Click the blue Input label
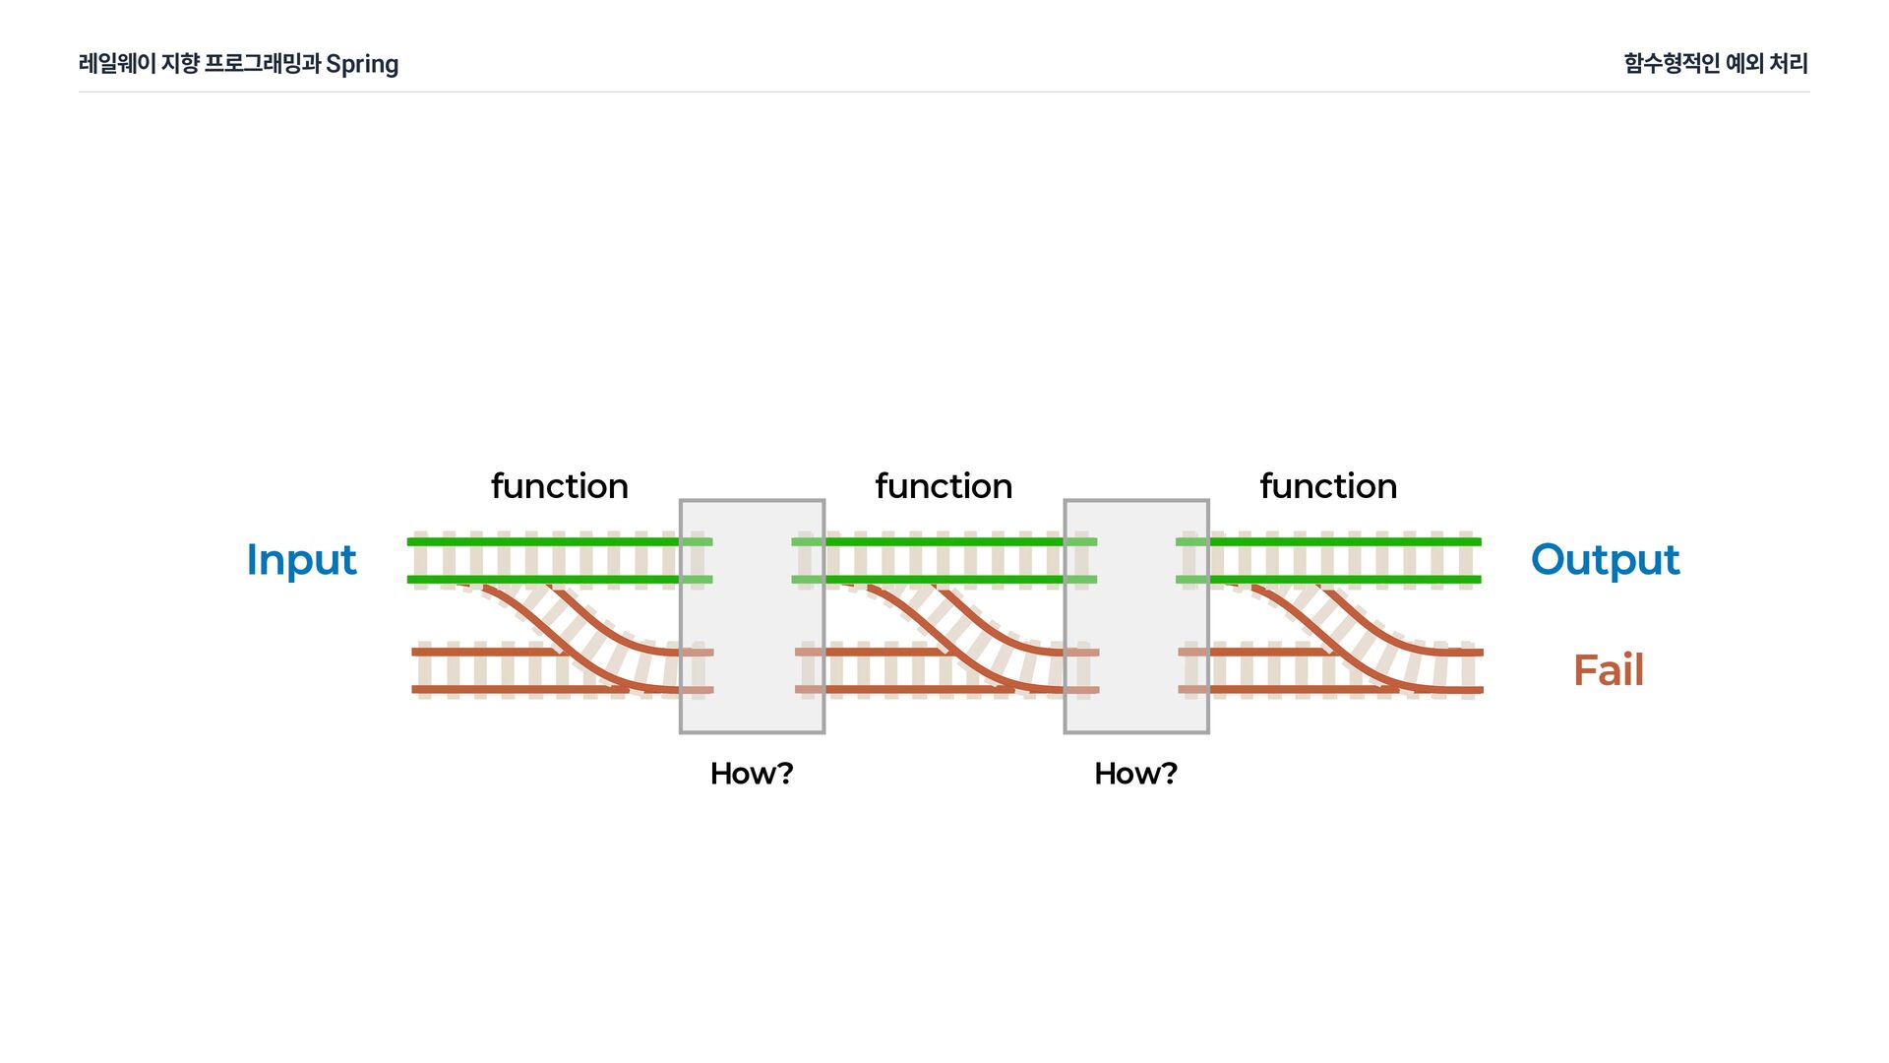coord(301,560)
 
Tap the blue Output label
coord(1605,560)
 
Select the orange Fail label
coord(1609,670)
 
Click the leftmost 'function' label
coord(559,486)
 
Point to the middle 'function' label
coord(944,486)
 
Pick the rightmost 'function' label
coord(1328,486)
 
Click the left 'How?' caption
coord(752,774)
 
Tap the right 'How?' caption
coord(1136,774)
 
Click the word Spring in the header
coord(362,64)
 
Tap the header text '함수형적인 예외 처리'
coord(1716,63)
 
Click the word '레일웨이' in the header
coord(117,63)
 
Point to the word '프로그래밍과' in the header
coord(262,63)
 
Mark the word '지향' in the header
coord(180,63)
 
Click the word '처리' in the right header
coord(1789,63)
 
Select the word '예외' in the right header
coord(1744,63)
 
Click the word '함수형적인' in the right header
coord(1672,63)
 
